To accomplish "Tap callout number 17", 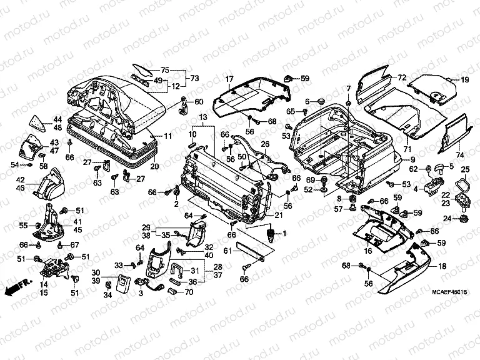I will pos(229,79).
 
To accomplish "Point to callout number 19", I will pos(465,80).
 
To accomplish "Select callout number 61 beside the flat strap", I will pos(227,251).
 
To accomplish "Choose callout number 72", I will pos(402,77).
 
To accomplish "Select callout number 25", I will pos(465,170).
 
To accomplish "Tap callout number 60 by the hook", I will pos(199,102).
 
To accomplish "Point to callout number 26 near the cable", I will pos(265,144).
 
